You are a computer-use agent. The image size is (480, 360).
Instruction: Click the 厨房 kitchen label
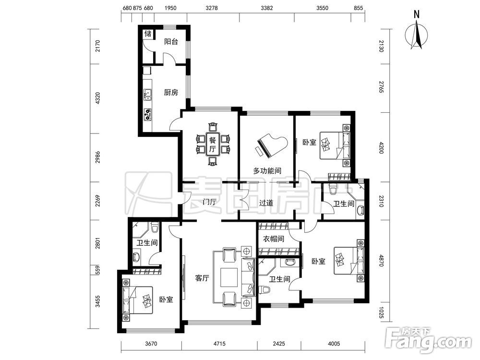pos(171,93)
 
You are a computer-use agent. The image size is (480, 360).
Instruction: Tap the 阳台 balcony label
pos(171,42)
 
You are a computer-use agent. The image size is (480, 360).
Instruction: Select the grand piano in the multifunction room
pos(271,145)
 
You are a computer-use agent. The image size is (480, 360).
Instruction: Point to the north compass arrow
pos(416,34)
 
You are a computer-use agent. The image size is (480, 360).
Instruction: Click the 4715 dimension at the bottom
pos(219,344)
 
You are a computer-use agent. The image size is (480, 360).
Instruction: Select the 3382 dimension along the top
pos(266,8)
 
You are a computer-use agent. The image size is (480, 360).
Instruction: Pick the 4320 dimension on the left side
pos(97,98)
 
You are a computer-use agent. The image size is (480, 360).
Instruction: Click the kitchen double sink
pos(148,95)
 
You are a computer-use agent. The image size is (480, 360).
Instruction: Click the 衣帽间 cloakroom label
pos(274,239)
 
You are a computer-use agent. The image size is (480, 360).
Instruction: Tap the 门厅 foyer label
pos(210,202)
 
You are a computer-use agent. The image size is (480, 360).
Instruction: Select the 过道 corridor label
pos(266,203)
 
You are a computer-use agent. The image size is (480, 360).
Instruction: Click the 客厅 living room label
pos(202,278)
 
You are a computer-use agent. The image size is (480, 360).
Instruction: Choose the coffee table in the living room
pos(229,277)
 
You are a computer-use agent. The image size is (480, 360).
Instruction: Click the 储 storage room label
pos(148,34)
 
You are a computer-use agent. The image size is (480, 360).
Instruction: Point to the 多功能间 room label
pos(267,170)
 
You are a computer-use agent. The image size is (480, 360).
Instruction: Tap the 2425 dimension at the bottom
pos(278,344)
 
